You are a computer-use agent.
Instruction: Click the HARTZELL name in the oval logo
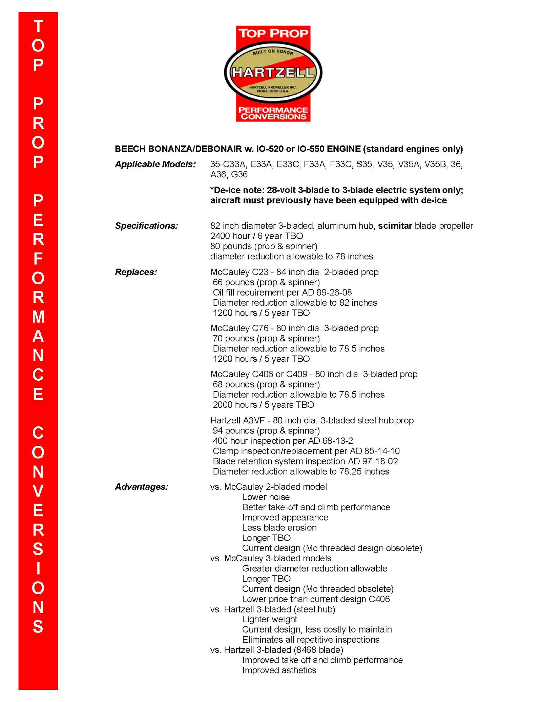point(273,73)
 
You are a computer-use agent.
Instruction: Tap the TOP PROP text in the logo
point(273,33)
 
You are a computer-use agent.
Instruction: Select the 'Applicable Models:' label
point(155,164)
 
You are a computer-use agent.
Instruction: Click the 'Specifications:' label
point(146,226)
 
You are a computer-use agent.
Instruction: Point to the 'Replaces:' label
point(136,272)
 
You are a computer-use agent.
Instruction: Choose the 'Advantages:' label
point(141,487)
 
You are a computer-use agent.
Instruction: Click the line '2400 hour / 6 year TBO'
point(256,236)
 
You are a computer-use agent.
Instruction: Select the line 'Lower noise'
point(266,497)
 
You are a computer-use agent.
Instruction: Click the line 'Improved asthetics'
point(279,670)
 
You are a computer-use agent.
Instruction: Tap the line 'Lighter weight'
point(270,619)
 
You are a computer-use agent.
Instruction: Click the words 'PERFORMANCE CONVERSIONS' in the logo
point(273,113)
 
